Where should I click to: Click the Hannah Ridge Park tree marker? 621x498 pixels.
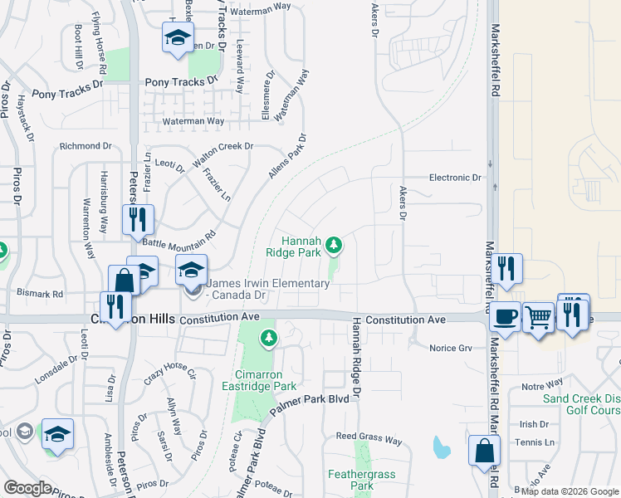click(334, 245)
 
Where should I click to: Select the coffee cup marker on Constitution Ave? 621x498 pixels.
click(506, 317)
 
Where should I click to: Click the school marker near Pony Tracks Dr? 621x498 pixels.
click(177, 38)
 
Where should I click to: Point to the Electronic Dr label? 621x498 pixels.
click(455, 178)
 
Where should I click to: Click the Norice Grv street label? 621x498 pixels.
click(451, 348)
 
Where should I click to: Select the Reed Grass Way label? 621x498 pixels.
click(368, 437)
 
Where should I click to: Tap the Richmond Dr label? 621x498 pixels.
click(85, 146)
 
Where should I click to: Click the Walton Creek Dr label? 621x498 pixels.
click(222, 153)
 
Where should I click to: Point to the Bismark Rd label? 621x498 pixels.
click(40, 294)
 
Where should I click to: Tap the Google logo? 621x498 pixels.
click(28, 488)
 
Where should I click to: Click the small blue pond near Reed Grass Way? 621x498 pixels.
click(442, 448)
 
